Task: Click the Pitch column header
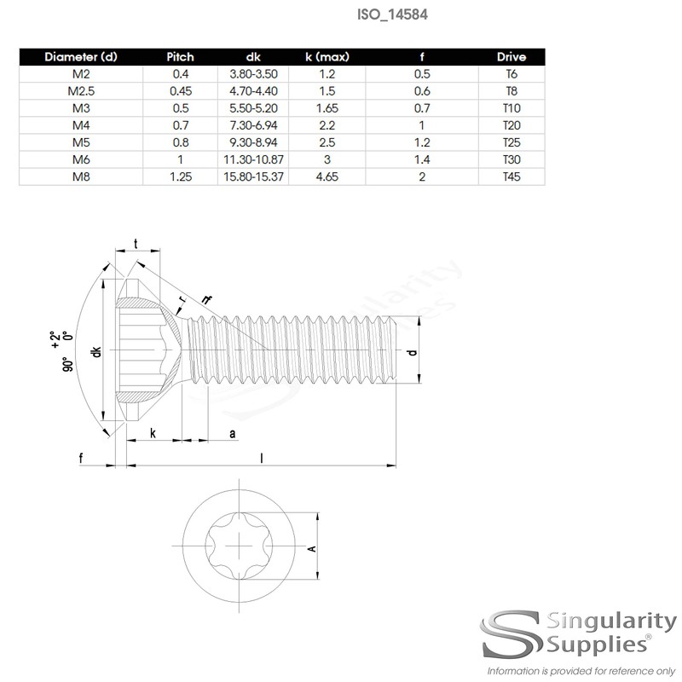(180, 57)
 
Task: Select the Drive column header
(511, 57)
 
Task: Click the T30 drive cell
(511, 160)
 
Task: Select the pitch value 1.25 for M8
(180, 177)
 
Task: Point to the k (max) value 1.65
(329, 108)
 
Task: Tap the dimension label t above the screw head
(137, 243)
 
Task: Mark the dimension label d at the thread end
(413, 352)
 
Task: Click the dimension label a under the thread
(232, 434)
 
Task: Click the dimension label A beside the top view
(311, 548)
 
